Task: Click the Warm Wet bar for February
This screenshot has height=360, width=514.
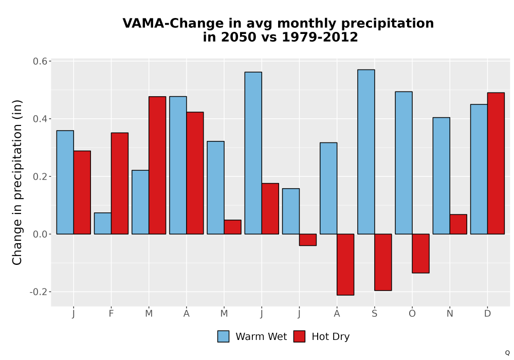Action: point(103,223)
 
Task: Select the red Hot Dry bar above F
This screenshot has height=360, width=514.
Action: point(120,183)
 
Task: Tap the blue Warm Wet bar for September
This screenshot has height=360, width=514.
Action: point(366,152)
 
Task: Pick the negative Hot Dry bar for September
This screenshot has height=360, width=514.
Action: point(383,262)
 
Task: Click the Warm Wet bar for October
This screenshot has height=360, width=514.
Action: point(404,163)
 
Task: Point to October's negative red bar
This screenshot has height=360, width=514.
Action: point(421,254)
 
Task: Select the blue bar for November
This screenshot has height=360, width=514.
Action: point(441,176)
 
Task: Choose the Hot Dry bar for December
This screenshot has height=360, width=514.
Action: point(496,163)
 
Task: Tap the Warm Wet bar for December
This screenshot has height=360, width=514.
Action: point(479,169)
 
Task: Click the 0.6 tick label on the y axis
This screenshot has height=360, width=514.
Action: point(40,61)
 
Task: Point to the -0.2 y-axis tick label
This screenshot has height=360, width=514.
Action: point(39,292)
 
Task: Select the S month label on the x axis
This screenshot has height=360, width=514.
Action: point(374,314)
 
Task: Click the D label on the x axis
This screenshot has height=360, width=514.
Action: point(487,314)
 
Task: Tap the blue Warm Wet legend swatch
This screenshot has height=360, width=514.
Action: point(223,336)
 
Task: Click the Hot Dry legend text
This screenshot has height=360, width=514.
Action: point(331,337)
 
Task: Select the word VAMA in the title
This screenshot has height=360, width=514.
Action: point(143,23)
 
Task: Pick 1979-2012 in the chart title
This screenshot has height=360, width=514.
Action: point(320,37)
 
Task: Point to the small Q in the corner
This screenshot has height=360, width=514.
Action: point(507,353)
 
